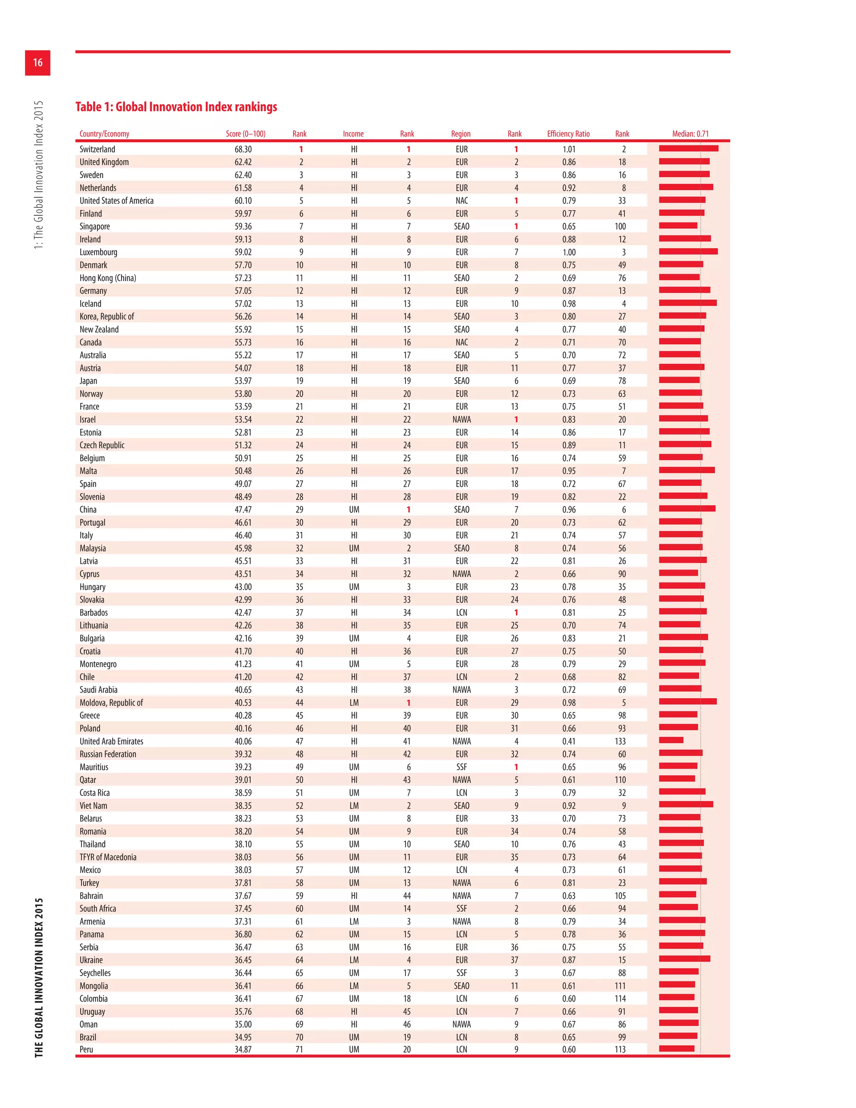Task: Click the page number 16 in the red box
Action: (x=38, y=62)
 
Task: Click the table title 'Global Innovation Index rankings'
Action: (x=176, y=107)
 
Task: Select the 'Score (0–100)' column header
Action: (x=245, y=134)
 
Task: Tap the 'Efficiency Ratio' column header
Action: (x=568, y=134)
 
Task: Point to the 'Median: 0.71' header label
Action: (x=690, y=134)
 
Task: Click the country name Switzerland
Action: (x=97, y=149)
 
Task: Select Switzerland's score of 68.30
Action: (x=243, y=149)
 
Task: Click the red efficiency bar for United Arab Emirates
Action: (x=671, y=740)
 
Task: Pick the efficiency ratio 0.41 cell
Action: (x=568, y=741)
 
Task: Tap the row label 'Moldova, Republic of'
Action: (x=111, y=703)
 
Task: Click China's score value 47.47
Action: (x=243, y=509)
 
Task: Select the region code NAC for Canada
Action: (x=461, y=342)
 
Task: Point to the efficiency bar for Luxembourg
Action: (x=688, y=252)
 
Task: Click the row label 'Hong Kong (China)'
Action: (x=107, y=278)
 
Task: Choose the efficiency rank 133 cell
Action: (x=620, y=741)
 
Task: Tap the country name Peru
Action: (x=86, y=1049)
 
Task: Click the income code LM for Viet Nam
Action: (x=354, y=806)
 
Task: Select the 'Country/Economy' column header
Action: (x=104, y=134)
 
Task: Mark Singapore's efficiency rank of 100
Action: (x=620, y=226)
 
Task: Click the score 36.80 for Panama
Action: (x=243, y=934)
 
